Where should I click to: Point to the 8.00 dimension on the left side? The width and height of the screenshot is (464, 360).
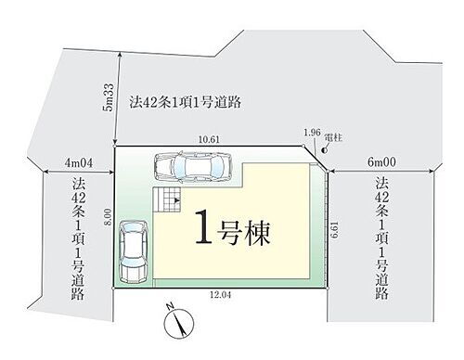pyautogui.click(x=108, y=217)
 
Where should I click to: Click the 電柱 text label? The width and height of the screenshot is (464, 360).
pyautogui.click(x=334, y=135)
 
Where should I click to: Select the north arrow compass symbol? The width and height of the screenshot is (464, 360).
pyautogui.click(x=175, y=325)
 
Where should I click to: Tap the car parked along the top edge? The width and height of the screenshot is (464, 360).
pyautogui.click(x=192, y=166)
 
